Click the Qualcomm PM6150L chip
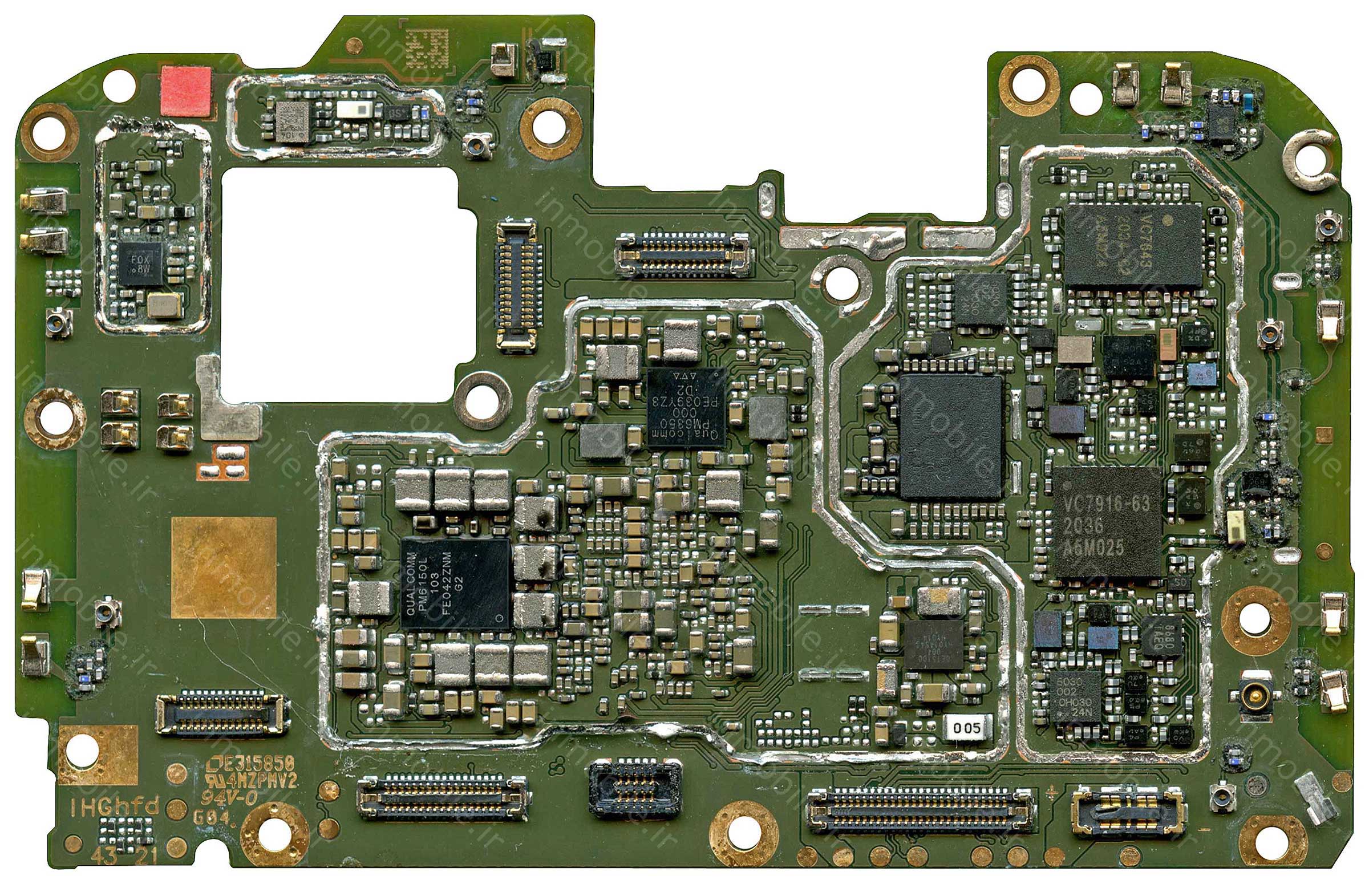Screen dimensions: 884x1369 (x=455, y=583)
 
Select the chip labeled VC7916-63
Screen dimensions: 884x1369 (x=1107, y=522)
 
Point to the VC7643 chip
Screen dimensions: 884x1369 (x=1132, y=245)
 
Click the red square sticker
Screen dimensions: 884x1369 (x=185, y=91)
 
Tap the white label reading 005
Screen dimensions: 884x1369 (x=967, y=728)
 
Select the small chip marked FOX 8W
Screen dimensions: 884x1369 (x=141, y=263)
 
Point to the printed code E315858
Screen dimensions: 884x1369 (x=253, y=763)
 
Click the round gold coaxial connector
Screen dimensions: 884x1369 (x=1255, y=697)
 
